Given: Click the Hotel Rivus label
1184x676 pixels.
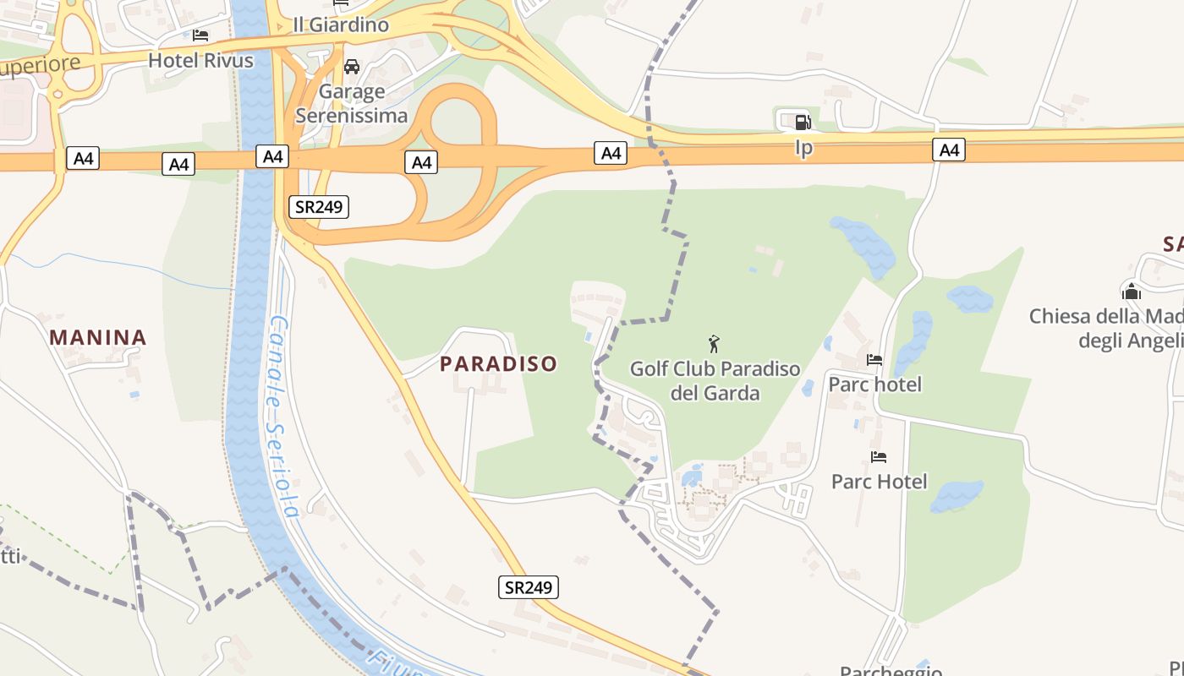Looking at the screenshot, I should click(x=200, y=60).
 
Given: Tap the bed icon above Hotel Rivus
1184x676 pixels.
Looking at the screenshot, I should click(x=200, y=35).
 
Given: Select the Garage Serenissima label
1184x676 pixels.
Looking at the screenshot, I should click(x=352, y=103).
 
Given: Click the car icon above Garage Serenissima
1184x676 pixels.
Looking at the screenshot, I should click(x=352, y=66).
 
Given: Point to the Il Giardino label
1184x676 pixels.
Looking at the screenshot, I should click(x=341, y=25).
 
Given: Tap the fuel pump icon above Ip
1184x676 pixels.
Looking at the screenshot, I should click(x=803, y=122).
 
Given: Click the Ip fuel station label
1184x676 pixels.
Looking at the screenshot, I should click(x=803, y=149).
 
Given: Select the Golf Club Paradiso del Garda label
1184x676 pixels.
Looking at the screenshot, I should click(x=715, y=381).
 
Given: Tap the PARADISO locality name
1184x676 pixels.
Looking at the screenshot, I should click(x=499, y=364).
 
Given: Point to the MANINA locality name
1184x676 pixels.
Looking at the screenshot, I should click(x=98, y=338).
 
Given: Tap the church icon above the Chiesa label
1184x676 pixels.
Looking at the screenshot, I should click(x=1132, y=292).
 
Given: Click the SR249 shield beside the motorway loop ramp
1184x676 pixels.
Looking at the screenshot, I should click(x=319, y=206).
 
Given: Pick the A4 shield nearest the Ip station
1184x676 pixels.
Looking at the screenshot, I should click(x=949, y=150).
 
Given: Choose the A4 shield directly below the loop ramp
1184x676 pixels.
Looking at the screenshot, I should click(x=420, y=162).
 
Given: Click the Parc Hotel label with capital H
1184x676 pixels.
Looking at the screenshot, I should click(x=880, y=482).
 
